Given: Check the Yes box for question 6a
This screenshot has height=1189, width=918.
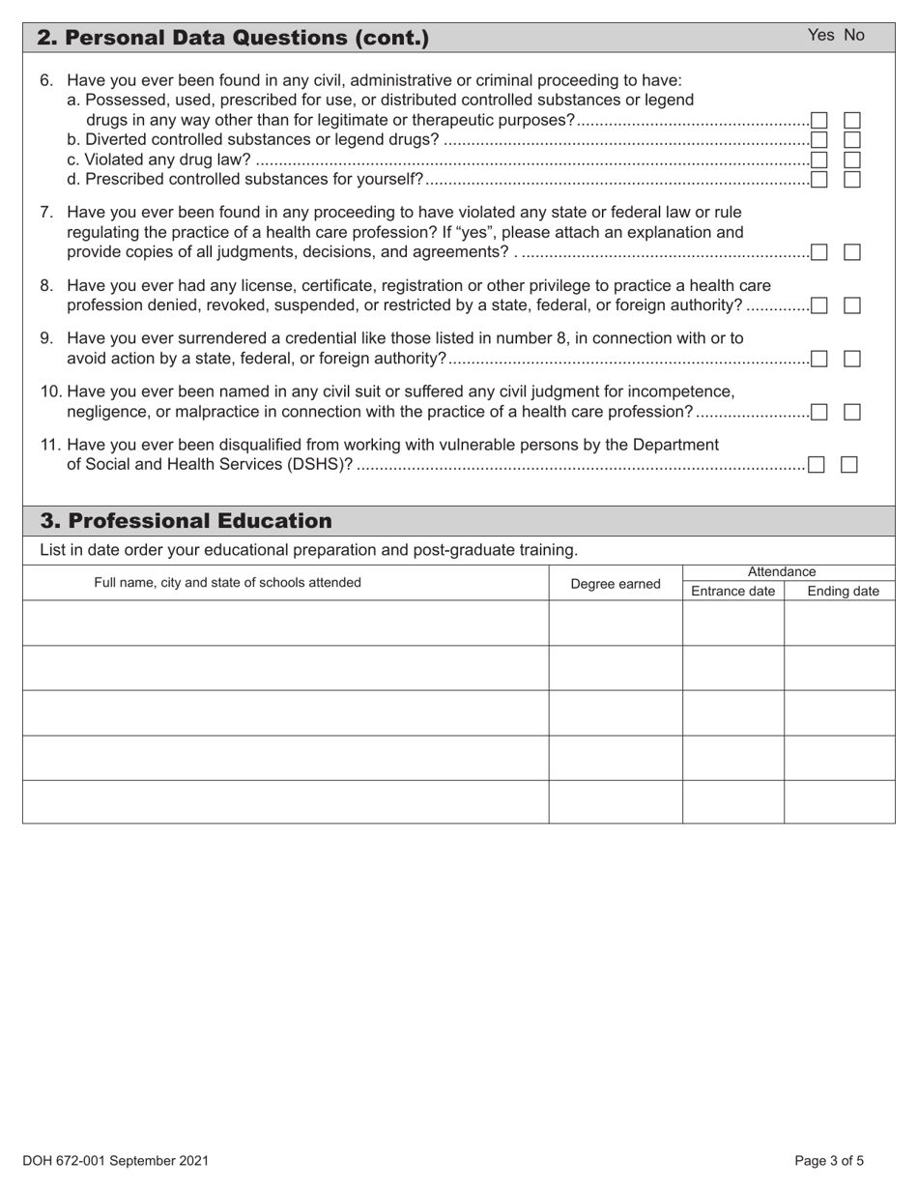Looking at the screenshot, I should (818, 121).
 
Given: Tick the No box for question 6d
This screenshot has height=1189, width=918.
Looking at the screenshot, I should (852, 179).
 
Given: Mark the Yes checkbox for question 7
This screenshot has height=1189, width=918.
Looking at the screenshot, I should (818, 252).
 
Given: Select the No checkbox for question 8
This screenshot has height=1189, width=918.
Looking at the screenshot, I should (852, 305).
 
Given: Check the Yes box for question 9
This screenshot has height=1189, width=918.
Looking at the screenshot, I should (818, 359).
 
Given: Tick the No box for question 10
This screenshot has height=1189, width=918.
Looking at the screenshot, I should (852, 412).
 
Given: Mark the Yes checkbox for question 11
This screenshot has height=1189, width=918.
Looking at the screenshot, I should (816, 465).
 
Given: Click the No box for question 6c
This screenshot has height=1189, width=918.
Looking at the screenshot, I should (852, 159).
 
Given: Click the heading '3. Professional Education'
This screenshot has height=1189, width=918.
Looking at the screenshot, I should (186, 521).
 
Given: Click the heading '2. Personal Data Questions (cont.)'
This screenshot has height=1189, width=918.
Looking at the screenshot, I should (232, 38).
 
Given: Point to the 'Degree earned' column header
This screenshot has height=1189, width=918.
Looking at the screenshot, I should (616, 584).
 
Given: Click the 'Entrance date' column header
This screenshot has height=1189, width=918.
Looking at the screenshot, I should (732, 592).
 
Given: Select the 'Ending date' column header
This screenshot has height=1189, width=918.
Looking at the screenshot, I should (843, 592).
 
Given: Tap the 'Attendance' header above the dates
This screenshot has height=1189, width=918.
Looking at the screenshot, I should (782, 571).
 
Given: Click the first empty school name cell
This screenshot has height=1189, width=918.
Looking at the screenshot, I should (285, 623).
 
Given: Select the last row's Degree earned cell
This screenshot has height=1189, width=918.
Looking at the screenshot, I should (616, 801).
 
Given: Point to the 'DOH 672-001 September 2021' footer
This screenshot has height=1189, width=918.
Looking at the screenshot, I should (116, 1161).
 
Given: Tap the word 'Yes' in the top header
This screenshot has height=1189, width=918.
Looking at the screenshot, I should (820, 35).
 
